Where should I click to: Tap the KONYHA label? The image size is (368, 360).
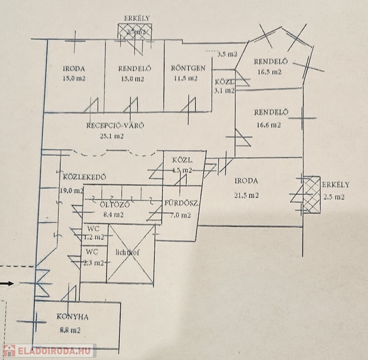[73, 316]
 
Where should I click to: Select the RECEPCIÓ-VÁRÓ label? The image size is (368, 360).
[115, 125]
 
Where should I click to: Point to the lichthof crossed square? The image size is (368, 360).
[130, 254]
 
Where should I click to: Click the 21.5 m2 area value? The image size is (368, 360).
[247, 195]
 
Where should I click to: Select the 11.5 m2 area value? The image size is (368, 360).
[186, 79]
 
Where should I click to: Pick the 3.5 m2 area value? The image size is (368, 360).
[227, 54]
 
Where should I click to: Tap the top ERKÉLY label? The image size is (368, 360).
[136, 18]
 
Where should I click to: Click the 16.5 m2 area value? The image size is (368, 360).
[269, 72]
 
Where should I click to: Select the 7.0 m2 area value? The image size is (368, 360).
[180, 215]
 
